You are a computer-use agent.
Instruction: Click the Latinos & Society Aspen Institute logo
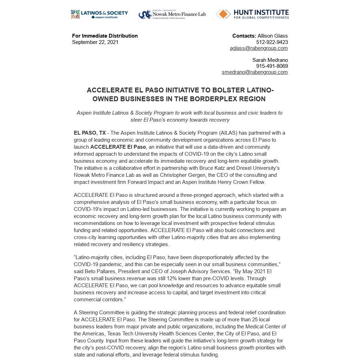tap(99, 14)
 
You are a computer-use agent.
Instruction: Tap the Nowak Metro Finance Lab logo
tap(172, 14)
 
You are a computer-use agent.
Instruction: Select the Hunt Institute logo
tap(252, 14)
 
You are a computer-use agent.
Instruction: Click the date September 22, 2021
tap(95, 42)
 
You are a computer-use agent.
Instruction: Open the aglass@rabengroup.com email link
tap(259, 48)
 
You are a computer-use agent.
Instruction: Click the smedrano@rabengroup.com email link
tap(255, 72)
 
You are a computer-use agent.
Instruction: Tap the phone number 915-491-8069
tap(272, 66)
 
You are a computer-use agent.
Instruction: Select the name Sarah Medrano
tap(270, 60)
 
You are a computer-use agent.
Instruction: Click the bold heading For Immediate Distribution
tap(105, 36)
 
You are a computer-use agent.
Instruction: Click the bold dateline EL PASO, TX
tap(90, 133)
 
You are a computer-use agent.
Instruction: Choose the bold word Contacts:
tap(244, 36)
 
